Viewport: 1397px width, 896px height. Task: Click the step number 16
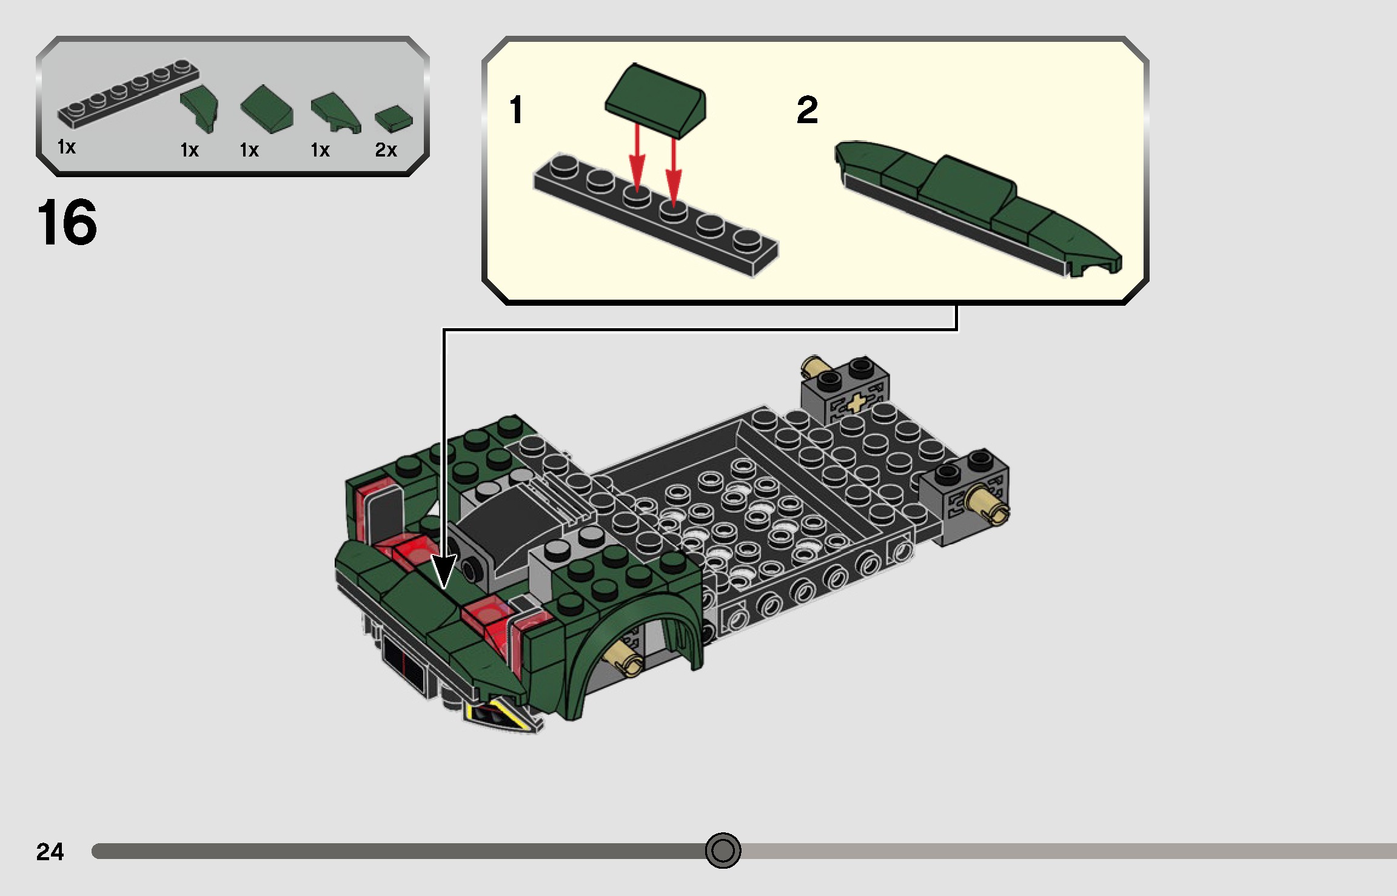pos(67,223)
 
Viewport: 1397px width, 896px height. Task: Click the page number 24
pos(50,852)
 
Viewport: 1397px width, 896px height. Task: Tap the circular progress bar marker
pos(723,851)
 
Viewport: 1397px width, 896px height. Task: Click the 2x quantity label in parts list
pos(386,150)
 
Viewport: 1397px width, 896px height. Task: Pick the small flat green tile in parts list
pos(394,118)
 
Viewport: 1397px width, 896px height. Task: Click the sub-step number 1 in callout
pos(516,110)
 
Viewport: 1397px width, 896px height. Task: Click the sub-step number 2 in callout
pos(807,110)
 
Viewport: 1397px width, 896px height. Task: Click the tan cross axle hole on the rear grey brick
pos(856,402)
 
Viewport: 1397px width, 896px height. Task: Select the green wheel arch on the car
pos(631,625)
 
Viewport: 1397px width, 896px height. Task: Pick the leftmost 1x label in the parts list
pos(66,147)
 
